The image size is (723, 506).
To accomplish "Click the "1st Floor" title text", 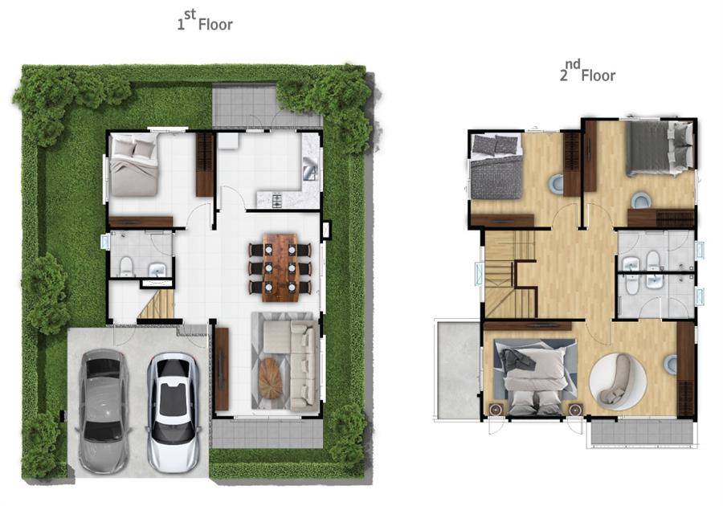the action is [205, 21].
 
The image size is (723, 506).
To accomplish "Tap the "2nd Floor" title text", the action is [587, 72].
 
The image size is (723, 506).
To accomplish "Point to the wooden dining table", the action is [280, 267].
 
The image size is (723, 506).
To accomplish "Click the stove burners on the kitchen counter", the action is [278, 201].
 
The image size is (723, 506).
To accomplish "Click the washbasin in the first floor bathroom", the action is [157, 270].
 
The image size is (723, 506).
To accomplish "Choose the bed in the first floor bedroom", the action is [133, 164].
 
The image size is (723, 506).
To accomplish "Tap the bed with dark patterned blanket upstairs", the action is [496, 167].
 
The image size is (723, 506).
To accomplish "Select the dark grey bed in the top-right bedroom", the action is [660, 149].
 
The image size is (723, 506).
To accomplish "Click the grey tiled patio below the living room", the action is [267, 433].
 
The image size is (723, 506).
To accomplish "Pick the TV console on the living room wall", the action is [222, 369].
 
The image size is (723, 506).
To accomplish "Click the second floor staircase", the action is [510, 274].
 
